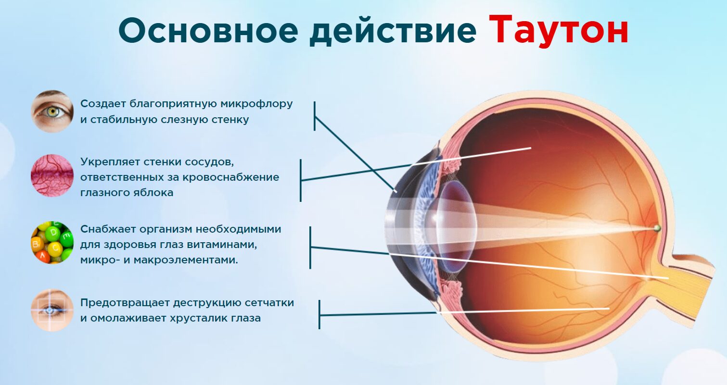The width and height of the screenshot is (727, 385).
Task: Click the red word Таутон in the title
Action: pyautogui.click(x=558, y=30)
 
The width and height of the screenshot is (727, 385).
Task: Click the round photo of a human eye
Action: pyautogui.click(x=52, y=111)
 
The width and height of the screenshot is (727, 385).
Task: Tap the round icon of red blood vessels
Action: pyautogui.click(x=52, y=175)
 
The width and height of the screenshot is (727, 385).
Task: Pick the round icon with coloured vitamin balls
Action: pyautogui.click(x=52, y=242)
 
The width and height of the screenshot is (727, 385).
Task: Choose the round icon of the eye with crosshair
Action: pyautogui.click(x=52, y=310)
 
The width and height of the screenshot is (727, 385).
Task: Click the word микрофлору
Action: pyautogui.click(x=256, y=104)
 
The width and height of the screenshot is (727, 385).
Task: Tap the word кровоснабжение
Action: pyautogui.click(x=231, y=178)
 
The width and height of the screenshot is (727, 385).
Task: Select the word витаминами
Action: pyautogui.click(x=222, y=244)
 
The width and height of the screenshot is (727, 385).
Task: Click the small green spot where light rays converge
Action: pyautogui.click(x=657, y=228)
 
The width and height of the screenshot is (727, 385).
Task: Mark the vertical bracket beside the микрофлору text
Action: pyautogui.click(x=315, y=116)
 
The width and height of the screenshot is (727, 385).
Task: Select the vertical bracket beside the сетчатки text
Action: pyautogui.click(x=319, y=315)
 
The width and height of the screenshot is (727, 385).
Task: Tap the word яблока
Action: pyautogui.click(x=154, y=193)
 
